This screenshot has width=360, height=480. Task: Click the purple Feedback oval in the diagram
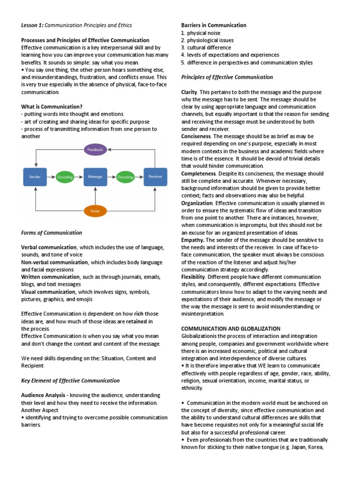coord(95,150)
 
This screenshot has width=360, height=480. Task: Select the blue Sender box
coord(35,177)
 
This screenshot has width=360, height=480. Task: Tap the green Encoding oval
coord(65,177)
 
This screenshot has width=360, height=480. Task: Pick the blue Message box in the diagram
coord(95,177)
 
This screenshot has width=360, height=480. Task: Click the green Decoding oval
coord(125,177)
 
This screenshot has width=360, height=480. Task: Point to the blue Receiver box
coord(155,177)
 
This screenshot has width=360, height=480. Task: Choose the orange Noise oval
coord(95,211)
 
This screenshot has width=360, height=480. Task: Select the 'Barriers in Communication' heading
coord(213,25)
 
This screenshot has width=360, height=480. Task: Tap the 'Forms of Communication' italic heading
coord(52,232)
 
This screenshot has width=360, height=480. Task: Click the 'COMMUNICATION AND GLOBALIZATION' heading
coord(231,329)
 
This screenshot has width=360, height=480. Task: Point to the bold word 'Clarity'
coord(189,92)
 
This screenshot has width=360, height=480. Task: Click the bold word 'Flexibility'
coord(193,277)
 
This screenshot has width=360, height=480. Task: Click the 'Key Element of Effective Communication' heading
coord(70,380)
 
